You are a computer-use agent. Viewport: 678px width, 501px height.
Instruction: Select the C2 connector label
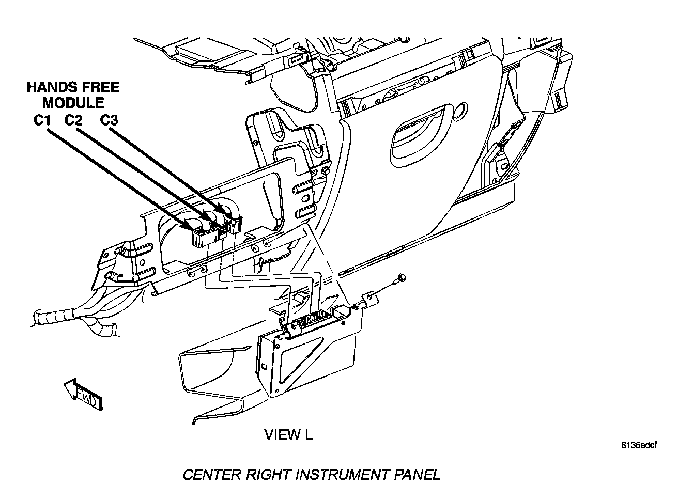(x=74, y=120)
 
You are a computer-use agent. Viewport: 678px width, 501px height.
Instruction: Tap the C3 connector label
(x=109, y=120)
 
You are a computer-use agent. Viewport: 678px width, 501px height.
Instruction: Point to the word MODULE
(x=73, y=103)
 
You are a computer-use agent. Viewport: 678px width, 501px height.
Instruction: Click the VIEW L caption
(x=288, y=435)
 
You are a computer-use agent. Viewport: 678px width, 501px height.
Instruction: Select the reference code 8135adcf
(x=639, y=445)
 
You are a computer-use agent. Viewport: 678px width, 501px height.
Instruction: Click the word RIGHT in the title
(x=270, y=475)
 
